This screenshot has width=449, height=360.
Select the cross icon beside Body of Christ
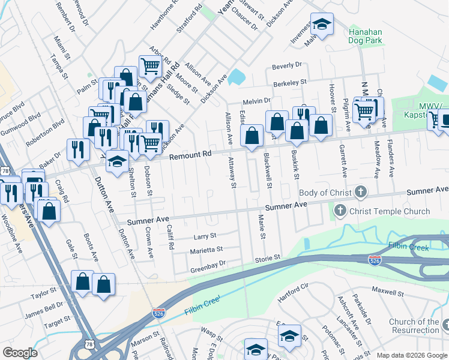point(360,193)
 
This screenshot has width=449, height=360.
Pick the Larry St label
point(204,236)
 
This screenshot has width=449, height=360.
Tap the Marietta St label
point(206,249)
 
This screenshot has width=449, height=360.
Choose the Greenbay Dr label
point(208,263)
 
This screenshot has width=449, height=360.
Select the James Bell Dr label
point(44,306)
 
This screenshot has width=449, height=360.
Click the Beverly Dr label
point(286,65)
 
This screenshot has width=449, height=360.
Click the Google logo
point(20,353)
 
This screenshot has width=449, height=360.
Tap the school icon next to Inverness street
point(322,25)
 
